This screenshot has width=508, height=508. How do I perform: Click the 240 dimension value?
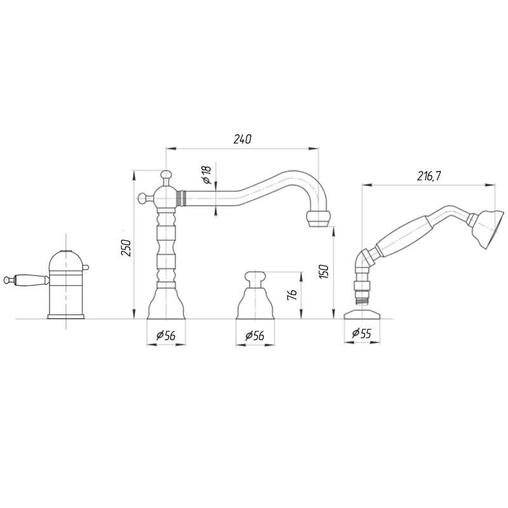(x=243, y=139)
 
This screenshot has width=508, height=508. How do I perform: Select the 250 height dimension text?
(x=126, y=248)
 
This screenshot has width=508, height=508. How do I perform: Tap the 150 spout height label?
(x=324, y=272)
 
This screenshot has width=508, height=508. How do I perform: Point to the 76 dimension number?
(x=292, y=295)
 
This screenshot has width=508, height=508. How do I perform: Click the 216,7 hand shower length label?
(x=429, y=177)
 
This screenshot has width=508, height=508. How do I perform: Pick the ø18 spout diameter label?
(x=206, y=175)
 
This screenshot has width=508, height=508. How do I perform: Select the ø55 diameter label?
(x=361, y=333)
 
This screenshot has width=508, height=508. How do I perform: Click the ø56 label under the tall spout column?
(x=166, y=336)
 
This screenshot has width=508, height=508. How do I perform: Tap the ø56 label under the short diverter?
(x=255, y=336)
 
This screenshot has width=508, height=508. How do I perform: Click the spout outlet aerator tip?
(x=319, y=219)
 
